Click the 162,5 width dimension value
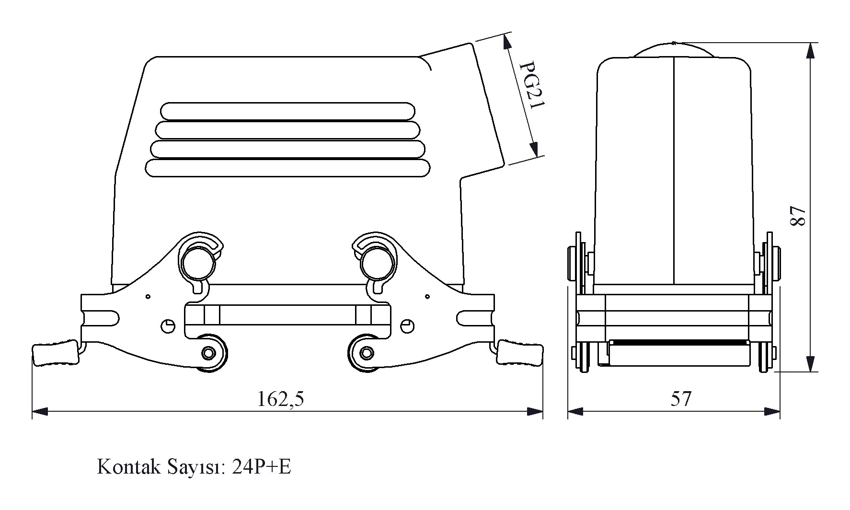click(281, 399)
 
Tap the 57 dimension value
click(681, 399)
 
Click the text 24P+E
click(261, 466)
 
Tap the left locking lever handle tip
click(54, 353)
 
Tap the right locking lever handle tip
click(520, 353)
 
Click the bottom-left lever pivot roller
click(208, 353)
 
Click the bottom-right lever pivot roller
click(367, 353)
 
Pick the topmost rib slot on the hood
click(287, 111)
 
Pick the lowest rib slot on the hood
click(287, 168)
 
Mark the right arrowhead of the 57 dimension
click(772, 411)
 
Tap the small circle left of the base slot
click(167, 326)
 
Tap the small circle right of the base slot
click(408, 326)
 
